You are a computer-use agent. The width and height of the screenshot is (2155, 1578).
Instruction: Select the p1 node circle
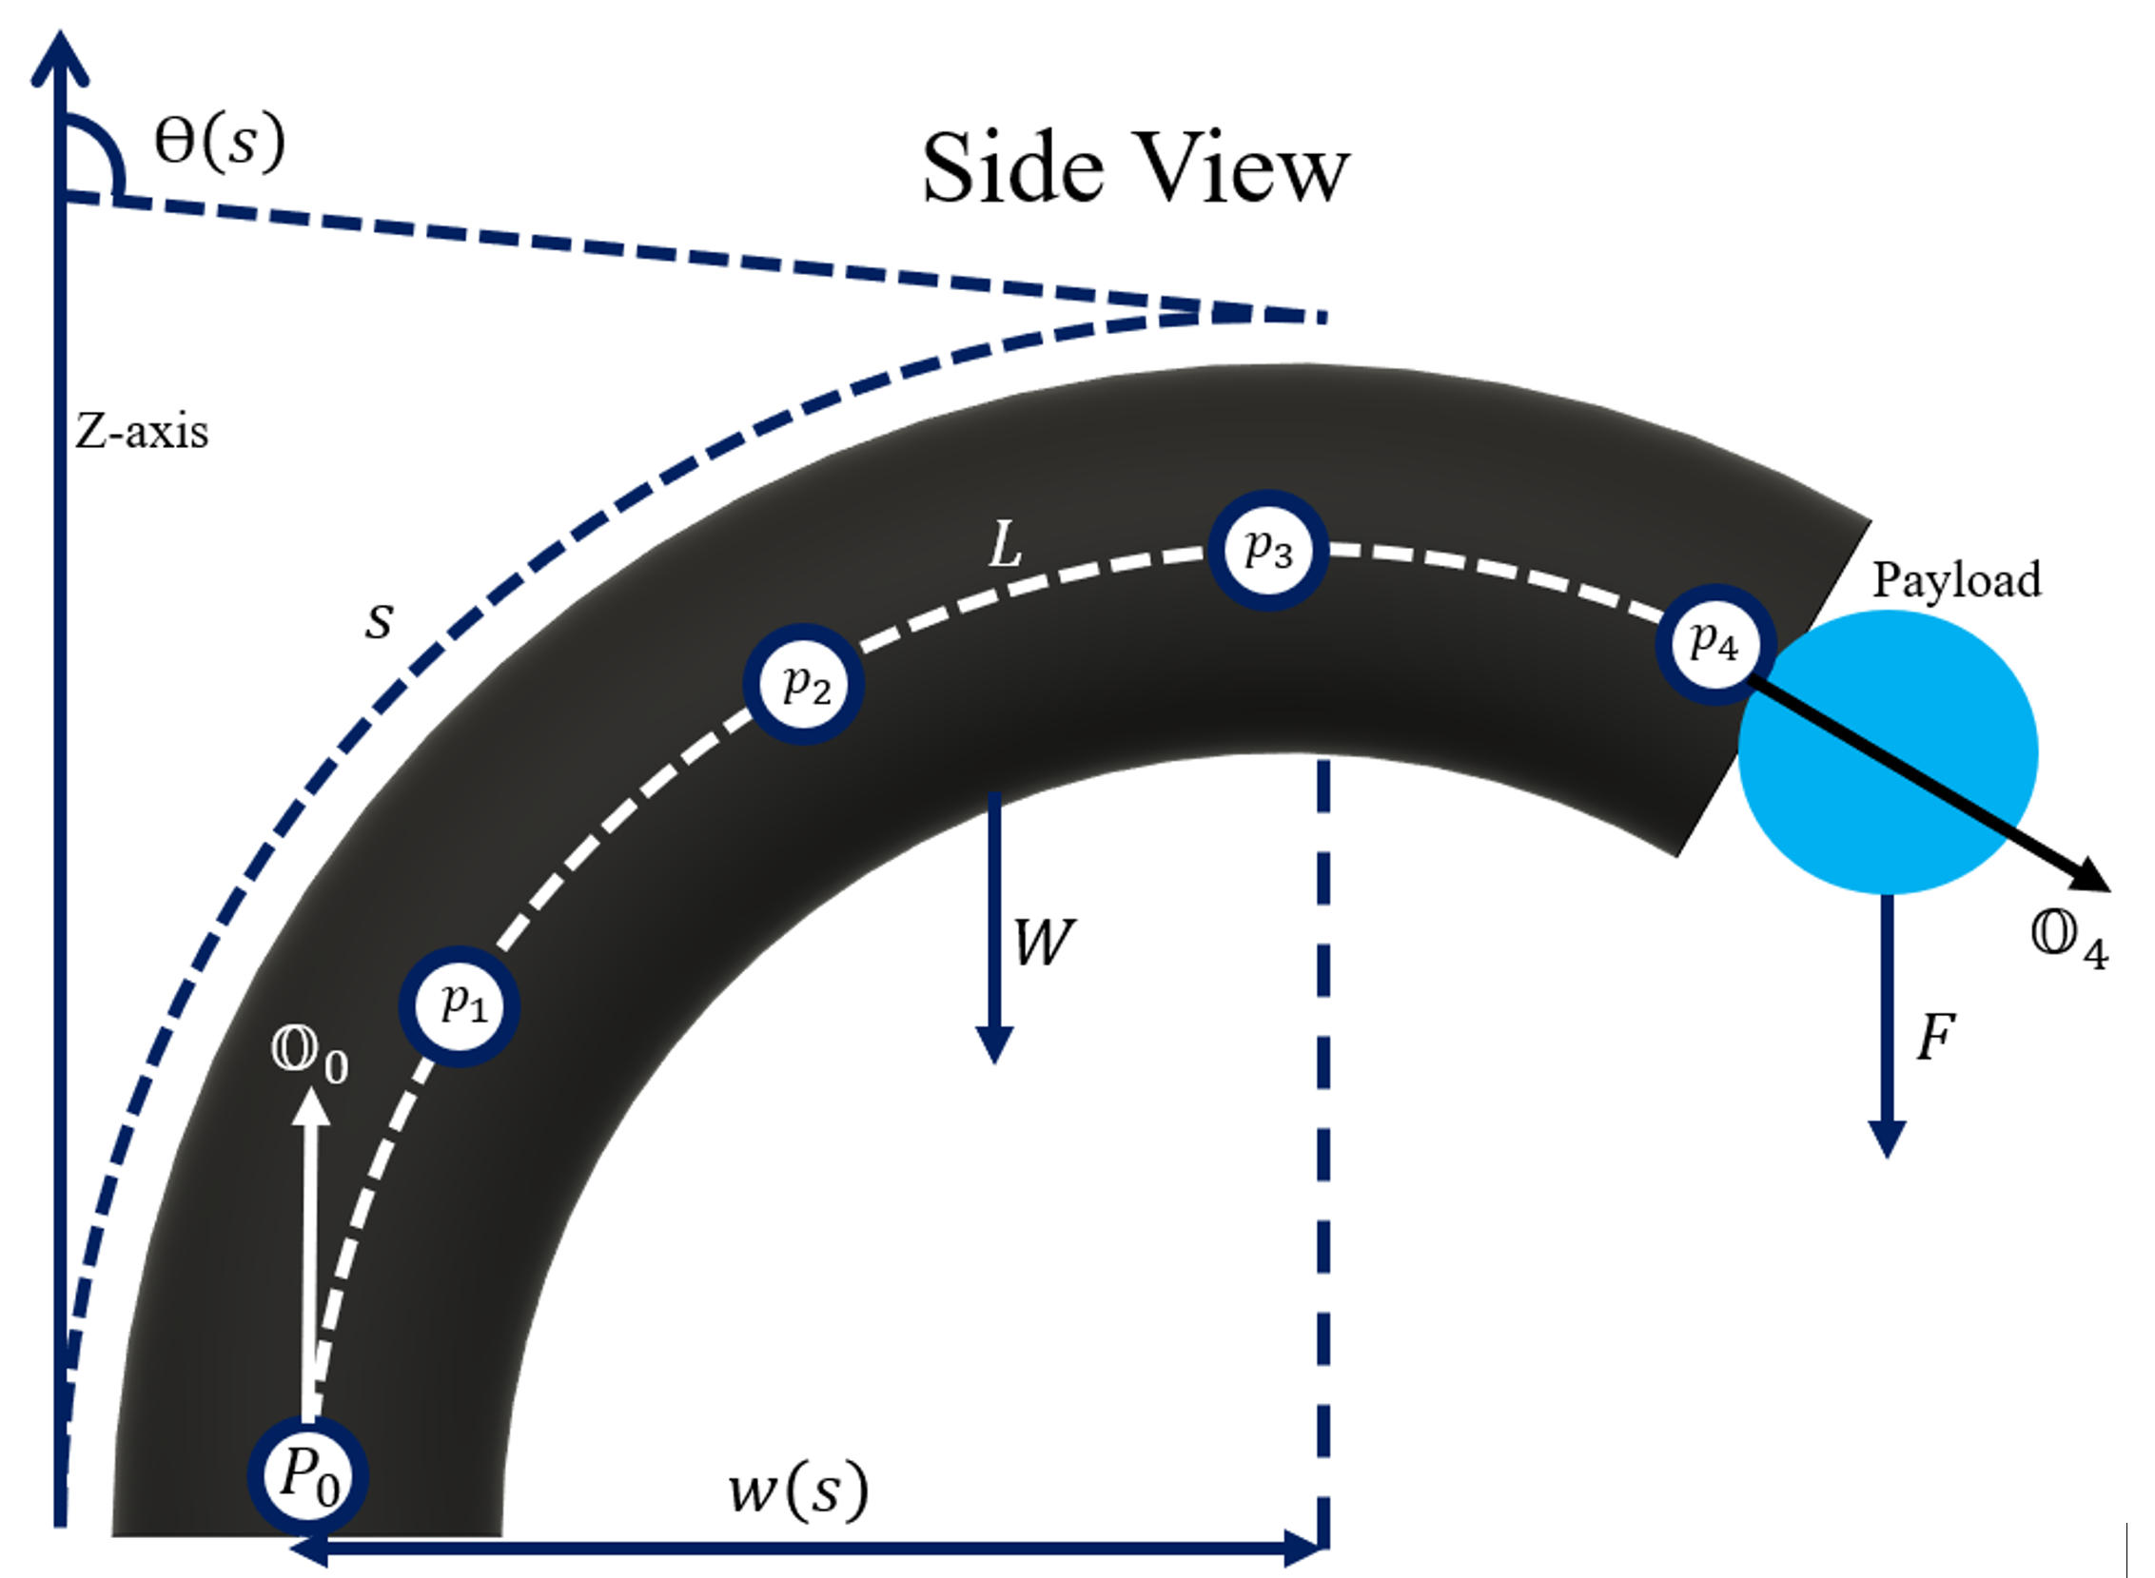tap(459, 1005)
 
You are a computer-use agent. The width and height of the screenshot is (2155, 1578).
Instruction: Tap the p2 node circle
tap(803, 684)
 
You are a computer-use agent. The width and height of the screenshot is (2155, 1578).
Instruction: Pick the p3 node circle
tap(1267, 550)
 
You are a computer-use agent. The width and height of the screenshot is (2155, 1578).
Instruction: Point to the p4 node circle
tap(1714, 644)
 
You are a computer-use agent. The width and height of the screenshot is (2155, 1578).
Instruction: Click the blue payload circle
tap(1888, 754)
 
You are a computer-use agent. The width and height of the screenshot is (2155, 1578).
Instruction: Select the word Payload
tap(1956, 579)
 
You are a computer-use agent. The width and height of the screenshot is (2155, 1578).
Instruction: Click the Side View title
tap(1135, 169)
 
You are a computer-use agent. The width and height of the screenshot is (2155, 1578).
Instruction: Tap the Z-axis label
tap(142, 433)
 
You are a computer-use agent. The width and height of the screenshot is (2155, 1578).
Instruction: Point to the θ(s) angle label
tap(220, 144)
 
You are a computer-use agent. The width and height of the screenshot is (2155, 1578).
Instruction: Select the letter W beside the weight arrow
tap(1043, 943)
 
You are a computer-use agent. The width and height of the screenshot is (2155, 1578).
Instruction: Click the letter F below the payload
tap(1936, 1038)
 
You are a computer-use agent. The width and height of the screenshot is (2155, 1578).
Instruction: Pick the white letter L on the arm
tap(1006, 547)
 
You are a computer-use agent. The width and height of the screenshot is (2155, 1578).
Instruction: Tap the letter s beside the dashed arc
tap(380, 621)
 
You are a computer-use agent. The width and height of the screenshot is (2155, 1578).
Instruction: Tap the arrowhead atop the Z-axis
tap(60, 52)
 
